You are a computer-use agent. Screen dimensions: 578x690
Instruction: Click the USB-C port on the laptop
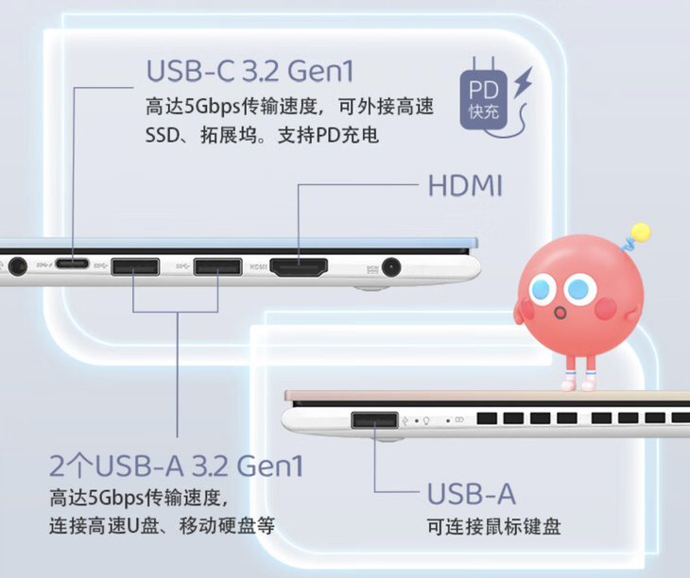pos(72,266)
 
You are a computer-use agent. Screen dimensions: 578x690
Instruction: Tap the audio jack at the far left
pos(16,266)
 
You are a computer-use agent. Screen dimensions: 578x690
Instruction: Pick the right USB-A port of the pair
pos(217,267)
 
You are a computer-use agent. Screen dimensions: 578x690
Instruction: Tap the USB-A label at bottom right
pos(471,493)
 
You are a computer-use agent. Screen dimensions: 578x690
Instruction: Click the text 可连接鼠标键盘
pos(493,527)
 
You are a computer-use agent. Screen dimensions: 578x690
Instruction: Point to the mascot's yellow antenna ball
pos(641,229)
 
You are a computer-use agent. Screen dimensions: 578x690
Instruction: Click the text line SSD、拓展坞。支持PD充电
pos(262,136)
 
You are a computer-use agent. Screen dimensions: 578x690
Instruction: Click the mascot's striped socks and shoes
pos(578,381)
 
